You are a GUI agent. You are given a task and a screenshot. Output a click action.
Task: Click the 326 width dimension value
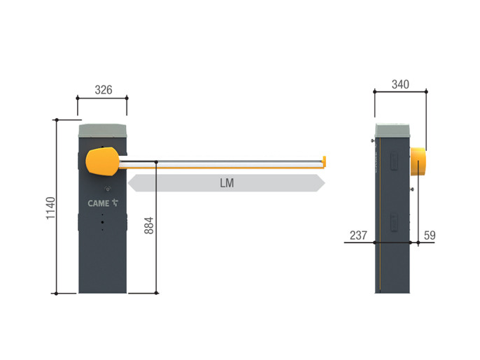click(104, 90)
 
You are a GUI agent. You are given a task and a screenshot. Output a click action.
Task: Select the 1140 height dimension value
click(51, 208)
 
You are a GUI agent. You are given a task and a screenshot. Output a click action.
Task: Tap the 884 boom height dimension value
click(149, 225)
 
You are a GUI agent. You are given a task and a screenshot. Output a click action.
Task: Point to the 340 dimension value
click(400, 85)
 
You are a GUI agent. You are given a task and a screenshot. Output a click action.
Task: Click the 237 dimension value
click(358, 235)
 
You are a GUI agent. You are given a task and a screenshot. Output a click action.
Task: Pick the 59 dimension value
click(430, 235)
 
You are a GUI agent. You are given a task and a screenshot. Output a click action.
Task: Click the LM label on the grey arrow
click(227, 183)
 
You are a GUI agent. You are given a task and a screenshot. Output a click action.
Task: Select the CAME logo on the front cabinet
click(103, 203)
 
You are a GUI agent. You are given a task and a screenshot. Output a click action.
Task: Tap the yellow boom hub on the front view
click(103, 161)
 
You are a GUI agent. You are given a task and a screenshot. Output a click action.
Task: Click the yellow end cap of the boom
click(324, 161)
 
